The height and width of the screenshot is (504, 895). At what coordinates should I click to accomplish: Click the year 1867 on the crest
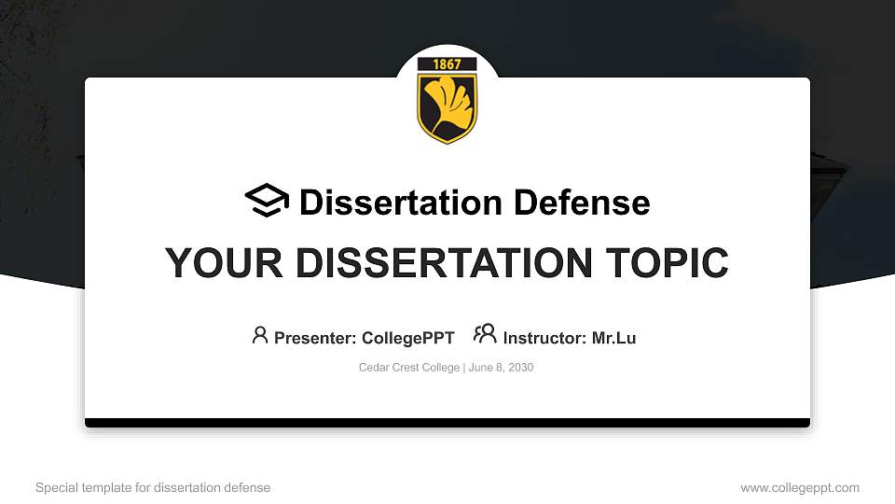pos(447,64)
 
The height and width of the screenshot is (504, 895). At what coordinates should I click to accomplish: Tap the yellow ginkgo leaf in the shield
pos(447,103)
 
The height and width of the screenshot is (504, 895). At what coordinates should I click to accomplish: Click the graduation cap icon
pos(268,201)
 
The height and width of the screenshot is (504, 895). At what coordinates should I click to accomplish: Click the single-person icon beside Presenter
pos(260,334)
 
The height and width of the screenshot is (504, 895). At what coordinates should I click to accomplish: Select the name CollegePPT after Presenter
pos(406,338)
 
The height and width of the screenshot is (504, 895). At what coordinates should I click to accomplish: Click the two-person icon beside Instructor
pos(485,334)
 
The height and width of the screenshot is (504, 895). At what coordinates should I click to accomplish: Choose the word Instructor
pos(544,338)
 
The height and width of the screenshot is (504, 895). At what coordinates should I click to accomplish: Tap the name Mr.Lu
pos(613,338)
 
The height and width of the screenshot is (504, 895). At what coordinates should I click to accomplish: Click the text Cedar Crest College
pos(409,368)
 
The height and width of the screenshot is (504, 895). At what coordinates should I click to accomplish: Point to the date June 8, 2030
pos(501,368)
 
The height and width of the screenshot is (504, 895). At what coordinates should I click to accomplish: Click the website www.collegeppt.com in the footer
pos(800,487)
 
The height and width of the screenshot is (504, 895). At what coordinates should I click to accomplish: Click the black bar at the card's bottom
pos(447,423)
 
